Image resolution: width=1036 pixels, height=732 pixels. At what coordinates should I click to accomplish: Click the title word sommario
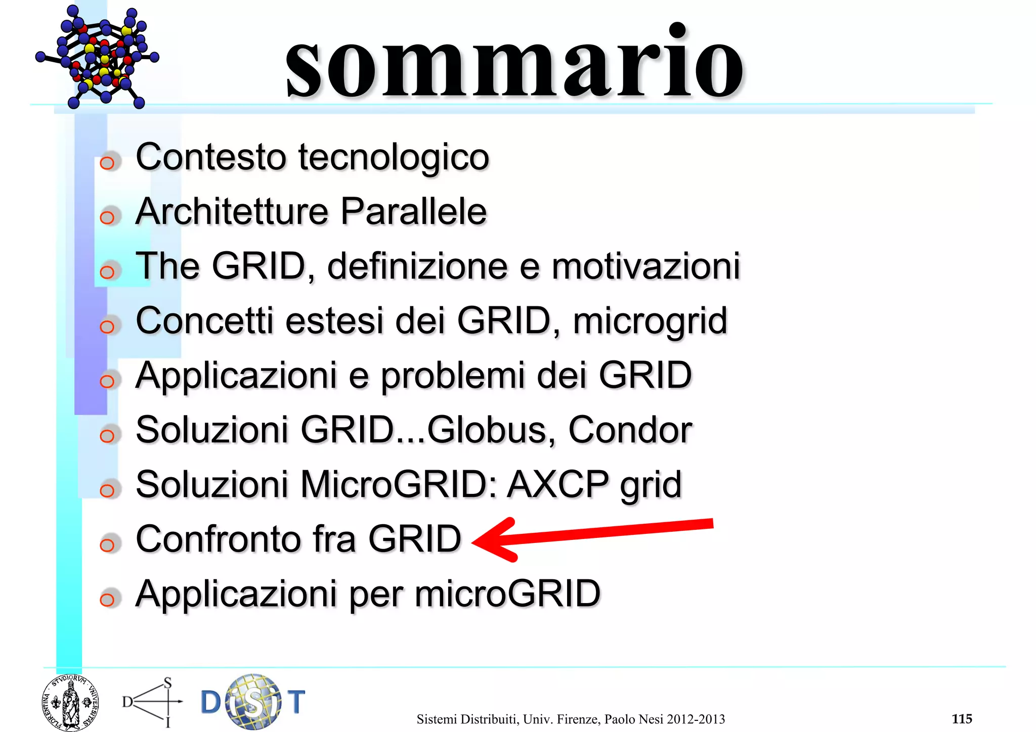(x=514, y=63)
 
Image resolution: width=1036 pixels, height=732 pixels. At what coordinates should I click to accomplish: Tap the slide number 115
(x=962, y=718)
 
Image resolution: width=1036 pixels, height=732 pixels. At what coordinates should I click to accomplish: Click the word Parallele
(x=413, y=211)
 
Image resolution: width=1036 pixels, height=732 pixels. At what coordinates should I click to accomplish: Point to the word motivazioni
(x=645, y=266)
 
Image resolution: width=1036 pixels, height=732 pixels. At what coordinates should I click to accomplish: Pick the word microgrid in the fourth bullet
(x=650, y=322)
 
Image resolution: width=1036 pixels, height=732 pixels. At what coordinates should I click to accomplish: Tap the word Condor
(x=630, y=430)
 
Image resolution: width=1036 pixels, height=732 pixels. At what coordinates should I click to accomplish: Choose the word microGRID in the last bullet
(x=507, y=593)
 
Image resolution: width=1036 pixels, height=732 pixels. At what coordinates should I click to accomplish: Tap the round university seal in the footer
(x=70, y=703)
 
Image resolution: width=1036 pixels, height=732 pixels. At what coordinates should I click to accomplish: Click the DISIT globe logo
(x=253, y=702)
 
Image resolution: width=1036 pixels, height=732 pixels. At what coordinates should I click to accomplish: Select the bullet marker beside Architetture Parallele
(x=107, y=217)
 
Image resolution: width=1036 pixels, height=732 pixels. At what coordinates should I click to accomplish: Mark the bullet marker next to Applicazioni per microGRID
(x=107, y=600)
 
